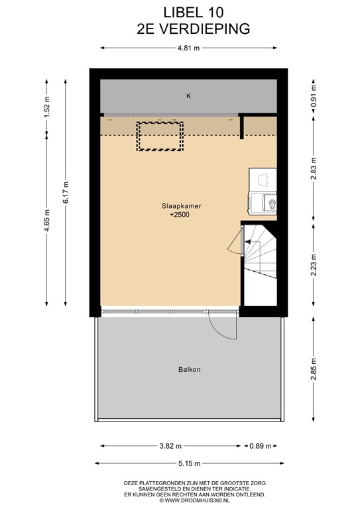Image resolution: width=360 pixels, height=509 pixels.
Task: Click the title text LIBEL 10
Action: point(193,13)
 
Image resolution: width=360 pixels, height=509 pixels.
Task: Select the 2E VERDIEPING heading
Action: point(193,29)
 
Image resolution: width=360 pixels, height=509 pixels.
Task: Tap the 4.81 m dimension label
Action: point(188,48)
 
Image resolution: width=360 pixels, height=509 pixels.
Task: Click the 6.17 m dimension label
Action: point(66,192)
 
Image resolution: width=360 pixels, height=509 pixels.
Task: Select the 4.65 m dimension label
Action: point(47,221)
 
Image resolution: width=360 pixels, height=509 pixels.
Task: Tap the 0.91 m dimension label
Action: point(314,96)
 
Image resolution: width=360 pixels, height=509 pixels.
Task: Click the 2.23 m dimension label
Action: point(314,264)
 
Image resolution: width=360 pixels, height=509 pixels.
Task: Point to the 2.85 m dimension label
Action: point(314,368)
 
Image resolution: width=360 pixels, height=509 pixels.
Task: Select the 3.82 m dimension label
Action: point(170,446)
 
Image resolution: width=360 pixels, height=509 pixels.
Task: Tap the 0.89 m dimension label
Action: point(261,446)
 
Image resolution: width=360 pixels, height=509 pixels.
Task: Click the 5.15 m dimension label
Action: point(189,463)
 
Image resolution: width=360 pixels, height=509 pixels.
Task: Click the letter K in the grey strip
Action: point(188,96)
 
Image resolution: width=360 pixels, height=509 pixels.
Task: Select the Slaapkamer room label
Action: point(182,206)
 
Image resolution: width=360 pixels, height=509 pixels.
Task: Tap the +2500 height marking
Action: point(180,215)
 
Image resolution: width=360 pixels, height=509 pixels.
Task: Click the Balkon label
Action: point(189,369)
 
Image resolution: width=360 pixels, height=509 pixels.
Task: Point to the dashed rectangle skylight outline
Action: point(160,122)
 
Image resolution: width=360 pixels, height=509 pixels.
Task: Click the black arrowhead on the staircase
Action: point(247,242)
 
